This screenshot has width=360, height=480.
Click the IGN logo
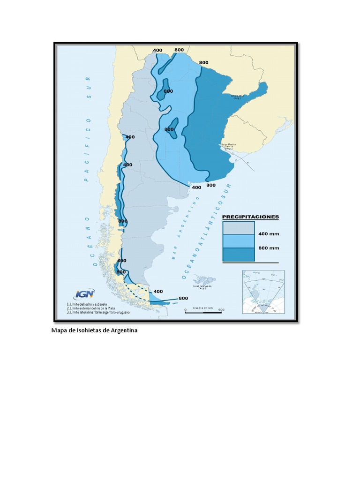84,294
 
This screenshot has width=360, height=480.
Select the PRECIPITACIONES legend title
250,217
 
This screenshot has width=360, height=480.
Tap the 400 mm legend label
268,233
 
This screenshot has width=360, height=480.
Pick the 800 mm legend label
268,248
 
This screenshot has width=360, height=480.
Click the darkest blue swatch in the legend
239,254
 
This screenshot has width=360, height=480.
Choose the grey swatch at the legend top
239,227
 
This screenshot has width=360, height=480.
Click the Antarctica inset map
263,292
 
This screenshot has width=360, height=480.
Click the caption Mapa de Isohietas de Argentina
94,330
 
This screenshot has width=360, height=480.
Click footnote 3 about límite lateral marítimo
98,312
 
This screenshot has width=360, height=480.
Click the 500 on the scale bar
221,309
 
